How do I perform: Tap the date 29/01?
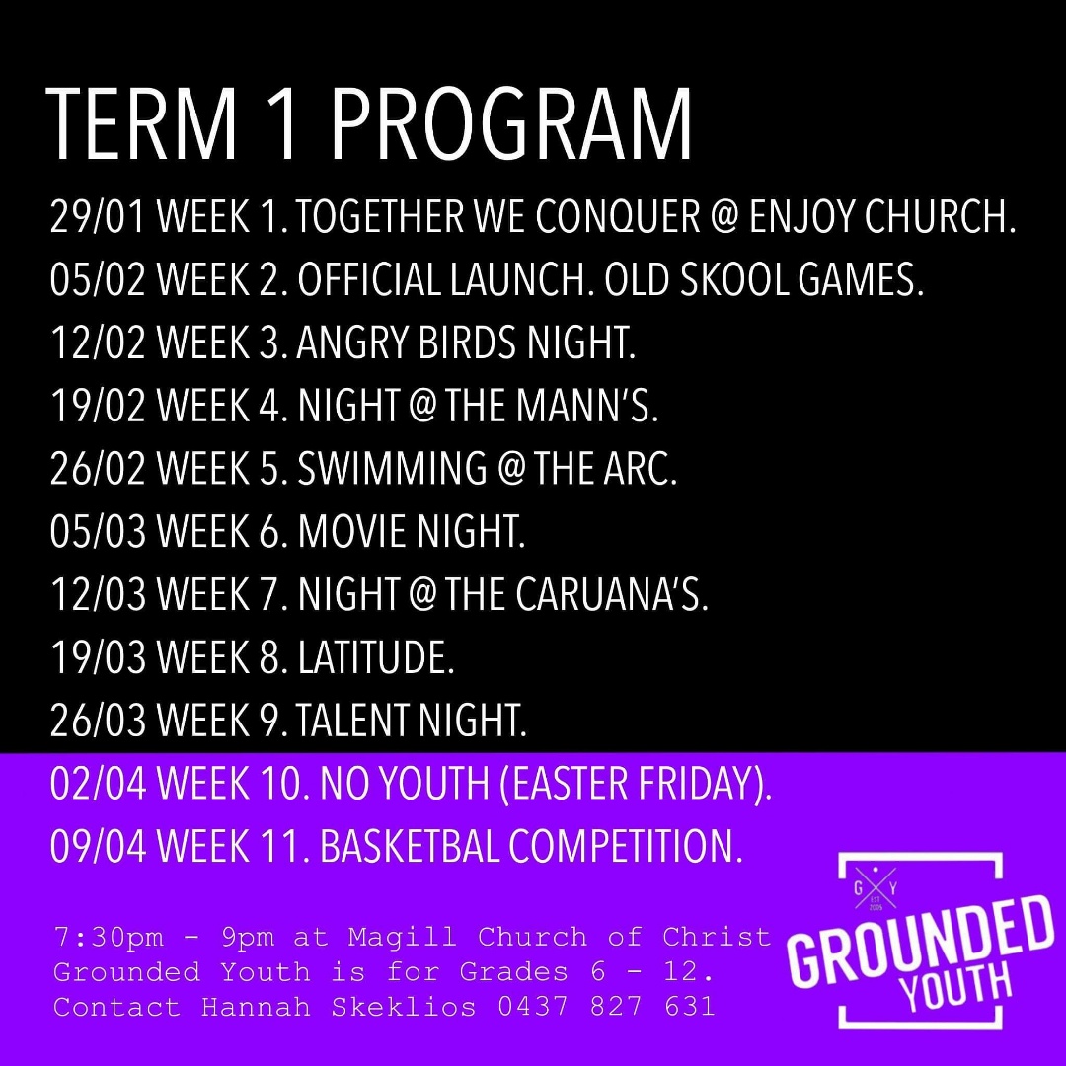tap(98, 217)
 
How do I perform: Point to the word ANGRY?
tap(352, 343)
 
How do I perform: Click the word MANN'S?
tap(586, 406)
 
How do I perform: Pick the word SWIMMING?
tap(392, 469)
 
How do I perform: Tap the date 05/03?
tap(98, 532)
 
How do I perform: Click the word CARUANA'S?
tap(611, 595)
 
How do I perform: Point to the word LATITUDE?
tap(375, 658)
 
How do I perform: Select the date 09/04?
tap(98, 847)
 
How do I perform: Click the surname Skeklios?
tap(403, 1007)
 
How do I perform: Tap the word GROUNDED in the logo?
tap(919, 942)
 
